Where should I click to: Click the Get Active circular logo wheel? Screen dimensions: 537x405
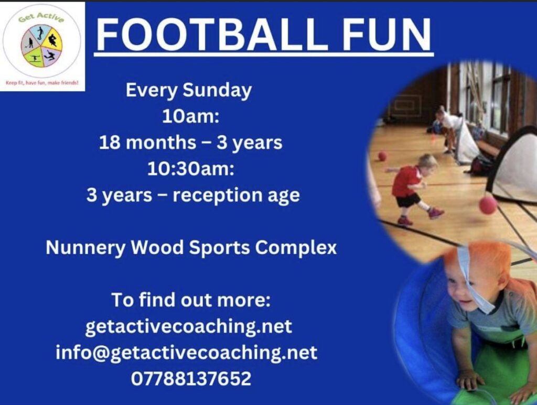(41, 46)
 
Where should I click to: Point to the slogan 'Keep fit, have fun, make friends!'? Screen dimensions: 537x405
(42, 83)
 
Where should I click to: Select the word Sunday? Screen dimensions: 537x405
(217, 91)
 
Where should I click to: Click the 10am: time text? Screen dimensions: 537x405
(190, 117)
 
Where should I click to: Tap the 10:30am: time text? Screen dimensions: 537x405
(191, 169)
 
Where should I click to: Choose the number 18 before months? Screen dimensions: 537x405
(110, 143)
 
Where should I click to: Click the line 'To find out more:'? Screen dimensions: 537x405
(191, 300)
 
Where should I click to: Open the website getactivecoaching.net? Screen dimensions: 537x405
(189, 326)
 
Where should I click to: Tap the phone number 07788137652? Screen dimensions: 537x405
(191, 379)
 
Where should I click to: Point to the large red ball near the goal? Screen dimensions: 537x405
(488, 204)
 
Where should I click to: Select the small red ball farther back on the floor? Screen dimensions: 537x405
(382, 156)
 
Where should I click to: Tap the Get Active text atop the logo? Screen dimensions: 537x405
(41, 17)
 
